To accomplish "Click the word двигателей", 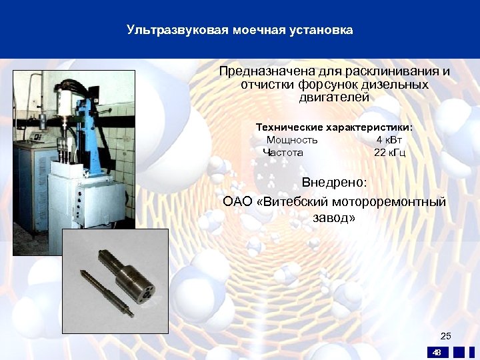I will click(334, 98).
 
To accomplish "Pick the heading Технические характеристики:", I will click(334, 127).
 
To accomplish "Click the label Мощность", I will click(292, 140).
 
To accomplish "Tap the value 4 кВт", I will click(389, 140).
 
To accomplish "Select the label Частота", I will click(283, 153).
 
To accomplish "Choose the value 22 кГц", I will click(389, 153).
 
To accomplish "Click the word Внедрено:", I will click(334, 183).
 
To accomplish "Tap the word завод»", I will click(334, 217).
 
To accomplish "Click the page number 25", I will click(446, 335).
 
